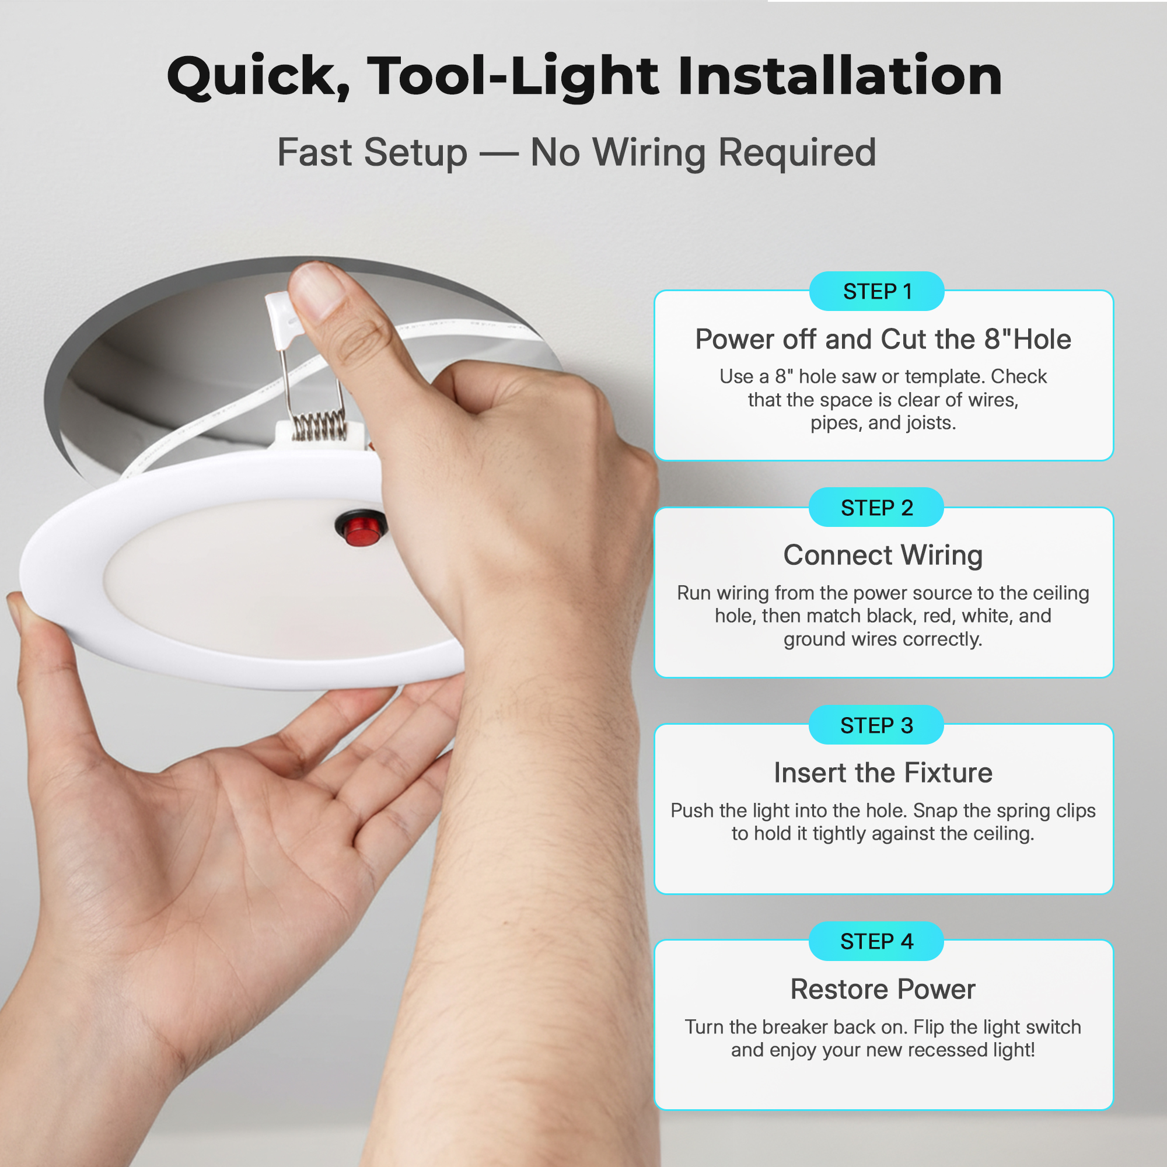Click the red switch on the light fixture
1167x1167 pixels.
click(361, 528)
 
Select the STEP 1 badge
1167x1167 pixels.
click(876, 292)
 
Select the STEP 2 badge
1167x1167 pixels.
click(876, 508)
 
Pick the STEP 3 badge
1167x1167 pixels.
click(876, 725)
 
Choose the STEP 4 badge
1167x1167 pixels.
click(876, 942)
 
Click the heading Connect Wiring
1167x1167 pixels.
click(883, 555)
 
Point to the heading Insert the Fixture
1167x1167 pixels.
click(883, 773)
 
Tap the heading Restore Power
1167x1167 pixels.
click(883, 990)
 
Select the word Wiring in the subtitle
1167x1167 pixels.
click(649, 153)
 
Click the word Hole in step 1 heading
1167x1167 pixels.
click(1042, 340)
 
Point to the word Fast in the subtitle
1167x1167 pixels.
click(314, 152)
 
